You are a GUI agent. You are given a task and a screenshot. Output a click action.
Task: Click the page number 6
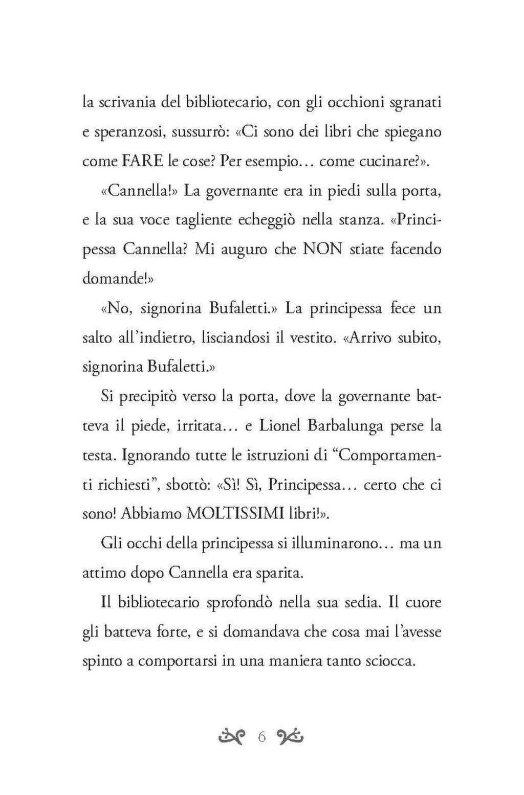click(x=261, y=737)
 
